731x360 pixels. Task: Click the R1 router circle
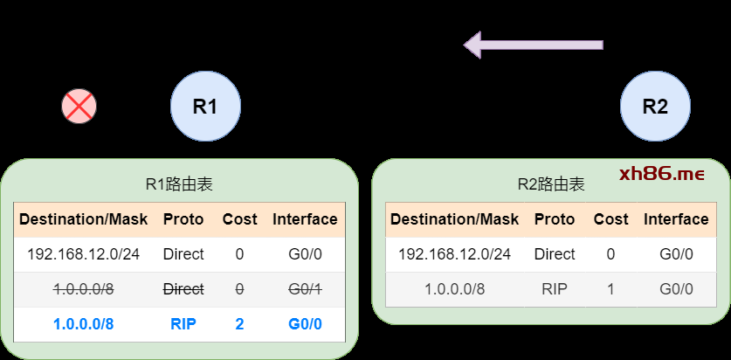coord(205,107)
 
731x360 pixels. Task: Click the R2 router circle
coord(655,107)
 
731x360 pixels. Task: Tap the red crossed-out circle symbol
coord(79,107)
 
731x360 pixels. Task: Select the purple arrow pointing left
coord(533,44)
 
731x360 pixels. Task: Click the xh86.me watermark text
coord(661,174)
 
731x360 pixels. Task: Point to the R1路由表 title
coord(179,184)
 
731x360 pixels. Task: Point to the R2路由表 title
coord(550,184)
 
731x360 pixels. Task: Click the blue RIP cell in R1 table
coord(183,324)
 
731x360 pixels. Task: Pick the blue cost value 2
coord(239,324)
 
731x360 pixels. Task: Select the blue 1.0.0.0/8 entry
coord(83,324)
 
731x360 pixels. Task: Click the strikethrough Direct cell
coord(183,289)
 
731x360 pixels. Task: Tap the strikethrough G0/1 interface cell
coord(305,289)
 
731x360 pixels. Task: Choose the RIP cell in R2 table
coord(555,289)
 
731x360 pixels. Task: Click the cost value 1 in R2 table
coord(610,289)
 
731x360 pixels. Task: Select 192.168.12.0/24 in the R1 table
coord(83,254)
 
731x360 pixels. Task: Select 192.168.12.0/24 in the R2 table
coord(454,254)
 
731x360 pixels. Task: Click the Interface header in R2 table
coord(676,219)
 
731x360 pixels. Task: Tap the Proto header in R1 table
coord(183,219)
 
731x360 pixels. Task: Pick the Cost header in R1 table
coord(239,219)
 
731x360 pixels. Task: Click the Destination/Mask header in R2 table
coord(454,219)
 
